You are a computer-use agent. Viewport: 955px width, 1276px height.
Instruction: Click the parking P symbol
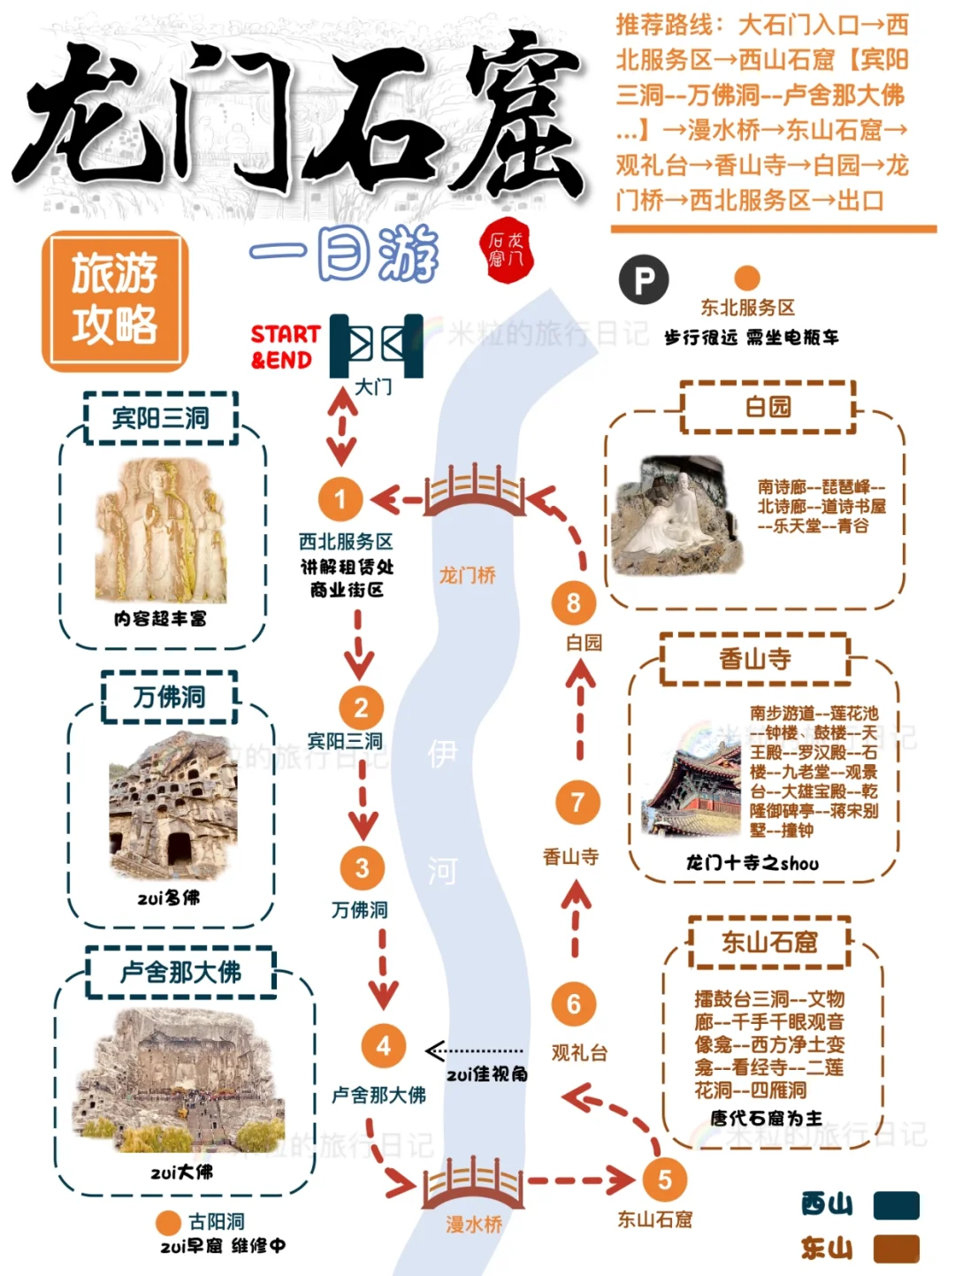[644, 280]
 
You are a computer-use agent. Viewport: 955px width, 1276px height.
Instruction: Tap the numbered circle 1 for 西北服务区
[340, 499]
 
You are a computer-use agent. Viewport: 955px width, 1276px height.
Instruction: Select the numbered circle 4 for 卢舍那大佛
[383, 1046]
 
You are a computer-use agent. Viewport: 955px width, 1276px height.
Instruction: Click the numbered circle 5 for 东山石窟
[664, 1180]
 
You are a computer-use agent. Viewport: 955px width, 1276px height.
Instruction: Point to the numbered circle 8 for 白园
[574, 603]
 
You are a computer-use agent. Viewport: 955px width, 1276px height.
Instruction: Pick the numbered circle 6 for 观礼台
[574, 1004]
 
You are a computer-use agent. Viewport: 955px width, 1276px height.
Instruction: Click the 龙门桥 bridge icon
[474, 492]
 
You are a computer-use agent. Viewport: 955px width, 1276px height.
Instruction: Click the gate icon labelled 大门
[377, 345]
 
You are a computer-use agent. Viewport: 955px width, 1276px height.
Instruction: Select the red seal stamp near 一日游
[507, 250]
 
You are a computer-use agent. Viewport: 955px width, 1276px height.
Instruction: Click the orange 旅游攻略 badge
[115, 300]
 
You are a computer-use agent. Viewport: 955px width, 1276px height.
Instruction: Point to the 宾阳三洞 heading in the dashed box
[161, 417]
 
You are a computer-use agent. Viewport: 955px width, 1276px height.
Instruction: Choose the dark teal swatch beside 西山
[896, 1204]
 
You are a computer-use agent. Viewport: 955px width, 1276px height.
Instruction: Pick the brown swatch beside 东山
[896, 1249]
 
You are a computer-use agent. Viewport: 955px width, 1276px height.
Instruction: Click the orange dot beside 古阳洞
[168, 1223]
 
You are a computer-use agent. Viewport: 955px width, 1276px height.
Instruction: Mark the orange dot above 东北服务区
[747, 278]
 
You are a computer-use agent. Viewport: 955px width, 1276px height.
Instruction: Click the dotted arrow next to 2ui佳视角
[474, 1051]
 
